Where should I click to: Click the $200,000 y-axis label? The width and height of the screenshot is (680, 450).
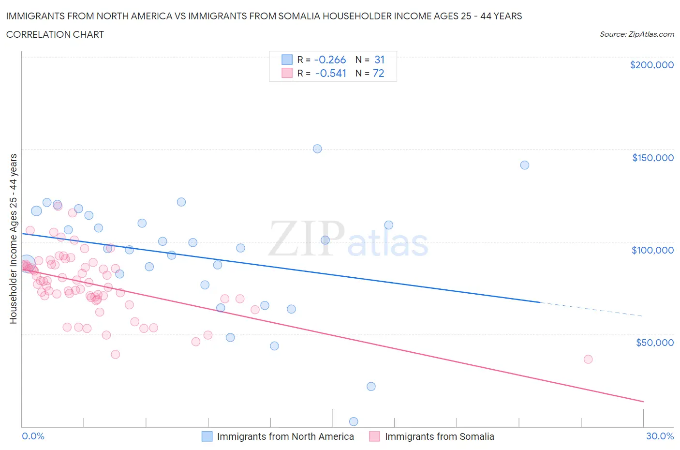click(x=651, y=65)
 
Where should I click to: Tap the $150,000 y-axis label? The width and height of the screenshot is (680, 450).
click(x=652, y=158)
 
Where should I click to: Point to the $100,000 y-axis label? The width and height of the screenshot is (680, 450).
click(x=652, y=250)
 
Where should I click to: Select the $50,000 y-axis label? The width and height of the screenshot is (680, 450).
click(x=654, y=343)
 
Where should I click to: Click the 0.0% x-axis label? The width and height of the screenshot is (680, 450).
click(x=33, y=436)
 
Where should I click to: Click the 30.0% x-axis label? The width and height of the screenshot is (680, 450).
click(x=660, y=436)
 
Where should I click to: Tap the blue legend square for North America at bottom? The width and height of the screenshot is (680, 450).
click(x=207, y=436)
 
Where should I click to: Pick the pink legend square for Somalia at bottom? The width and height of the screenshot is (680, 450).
click(x=374, y=436)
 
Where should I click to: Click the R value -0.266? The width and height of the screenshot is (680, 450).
click(x=330, y=60)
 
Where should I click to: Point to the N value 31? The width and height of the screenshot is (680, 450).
click(x=379, y=60)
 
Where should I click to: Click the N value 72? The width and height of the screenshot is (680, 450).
click(x=378, y=73)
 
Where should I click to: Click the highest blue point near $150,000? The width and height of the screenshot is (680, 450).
click(x=317, y=149)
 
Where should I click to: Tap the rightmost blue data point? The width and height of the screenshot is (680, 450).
click(x=525, y=165)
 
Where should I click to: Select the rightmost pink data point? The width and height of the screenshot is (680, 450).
click(x=588, y=359)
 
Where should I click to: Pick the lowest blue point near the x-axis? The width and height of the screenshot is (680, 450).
click(x=354, y=421)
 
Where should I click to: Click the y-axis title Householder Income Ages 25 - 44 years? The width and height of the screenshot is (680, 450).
click(x=13, y=239)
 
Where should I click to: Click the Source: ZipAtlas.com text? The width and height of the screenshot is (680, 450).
click(x=636, y=34)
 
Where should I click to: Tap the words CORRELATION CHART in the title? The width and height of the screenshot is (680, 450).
click(x=55, y=34)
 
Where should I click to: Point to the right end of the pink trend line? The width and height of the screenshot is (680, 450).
click(x=643, y=401)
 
